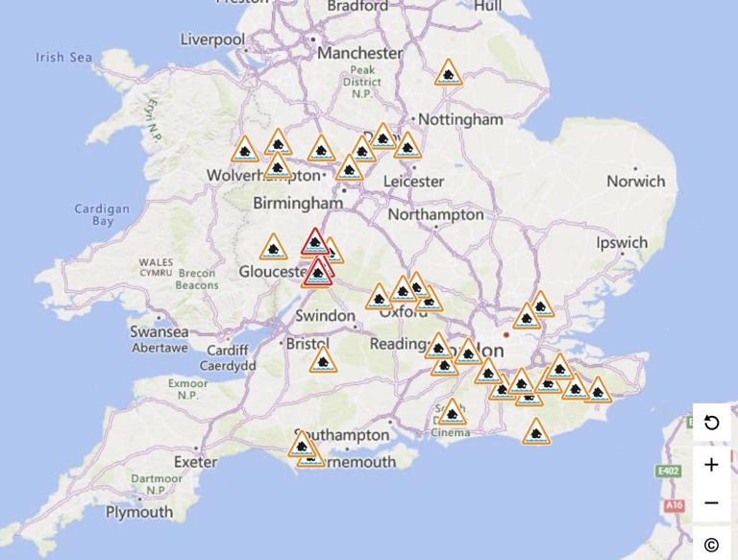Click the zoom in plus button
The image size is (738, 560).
[x=711, y=465]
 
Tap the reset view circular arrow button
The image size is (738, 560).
[x=711, y=423]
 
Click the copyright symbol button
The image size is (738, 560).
[x=711, y=545]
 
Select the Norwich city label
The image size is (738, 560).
[x=635, y=181]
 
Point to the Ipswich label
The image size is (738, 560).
[x=621, y=243]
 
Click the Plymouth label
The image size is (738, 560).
[x=139, y=512]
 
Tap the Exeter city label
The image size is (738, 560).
[x=195, y=461]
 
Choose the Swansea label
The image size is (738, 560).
[x=159, y=331]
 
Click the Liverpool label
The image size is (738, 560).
[x=212, y=39]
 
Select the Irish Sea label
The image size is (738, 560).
[x=64, y=58]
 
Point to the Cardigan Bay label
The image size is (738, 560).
[x=102, y=214]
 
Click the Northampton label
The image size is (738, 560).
[x=436, y=214]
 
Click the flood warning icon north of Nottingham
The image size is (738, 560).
[x=448, y=74]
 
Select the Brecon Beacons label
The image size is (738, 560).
[x=197, y=279]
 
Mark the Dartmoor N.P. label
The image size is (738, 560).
[x=156, y=484]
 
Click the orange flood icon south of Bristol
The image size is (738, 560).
[x=323, y=362]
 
